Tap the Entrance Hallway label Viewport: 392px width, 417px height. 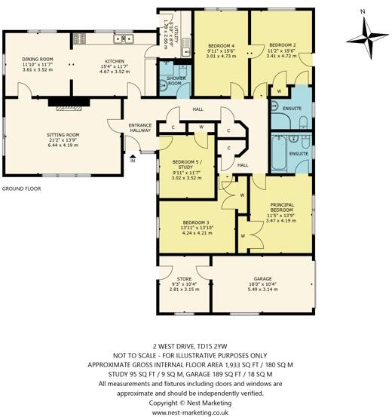140,127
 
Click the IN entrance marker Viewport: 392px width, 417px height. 132,161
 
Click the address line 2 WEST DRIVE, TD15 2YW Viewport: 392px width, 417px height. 195,343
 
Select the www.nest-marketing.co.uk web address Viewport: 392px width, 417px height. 195,412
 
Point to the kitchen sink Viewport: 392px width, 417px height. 119,38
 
